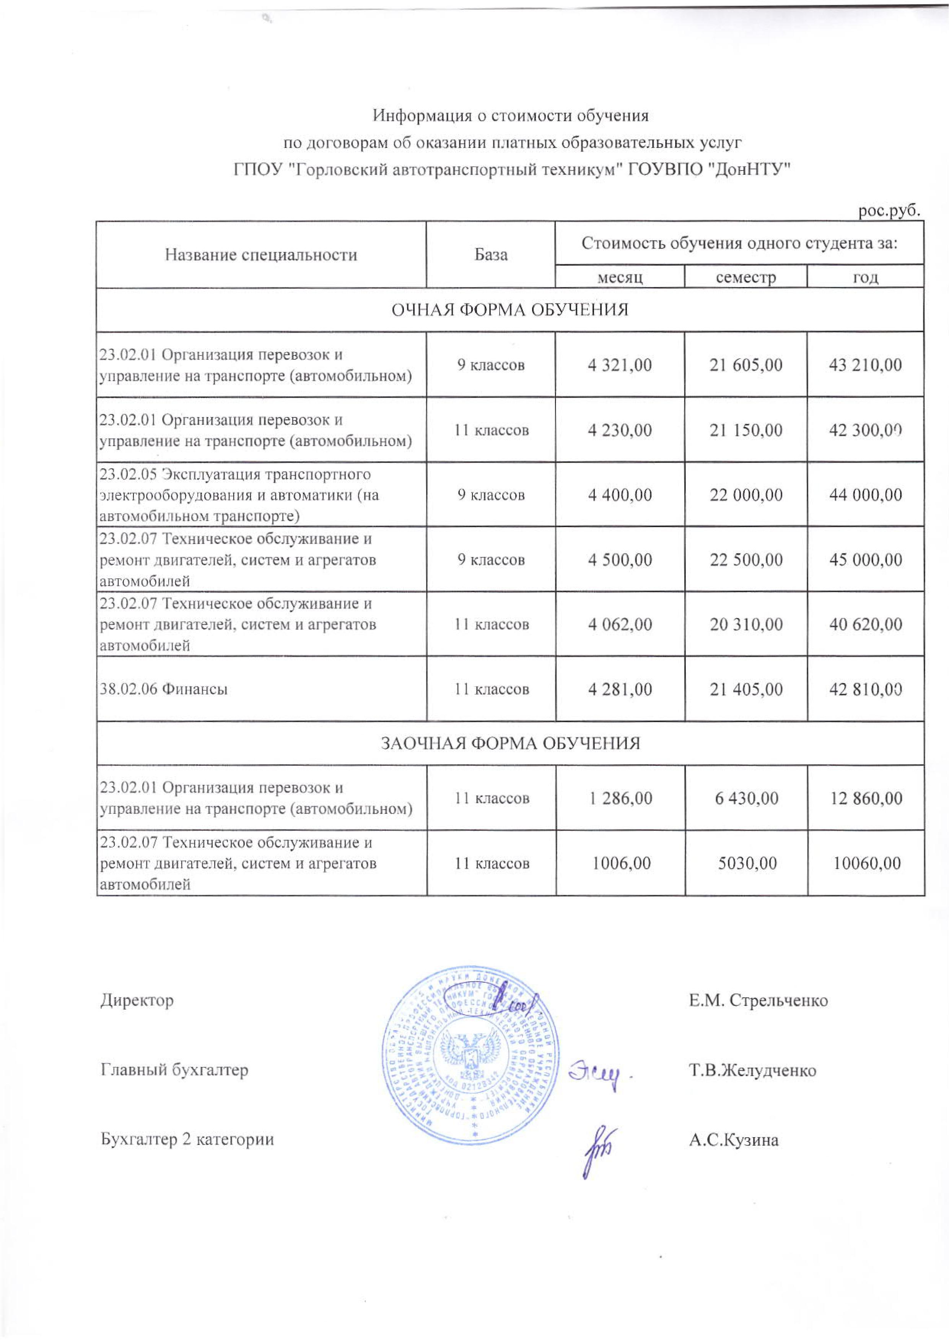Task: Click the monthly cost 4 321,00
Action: coord(619,365)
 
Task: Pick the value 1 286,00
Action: coord(619,798)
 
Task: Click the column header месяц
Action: coord(619,277)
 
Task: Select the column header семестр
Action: coord(746,277)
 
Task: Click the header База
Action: coord(491,255)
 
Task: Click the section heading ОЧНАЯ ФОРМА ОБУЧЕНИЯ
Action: coord(509,310)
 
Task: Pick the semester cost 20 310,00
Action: coord(746,624)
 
